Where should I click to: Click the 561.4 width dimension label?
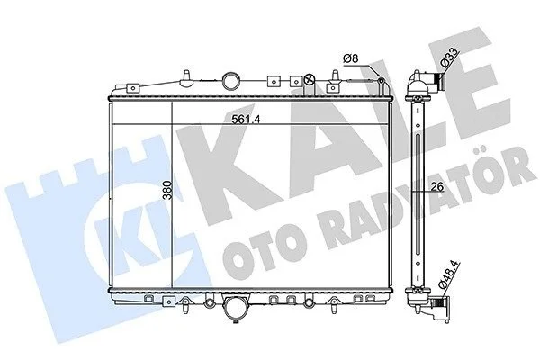click(x=246, y=119)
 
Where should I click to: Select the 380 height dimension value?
click(x=167, y=190)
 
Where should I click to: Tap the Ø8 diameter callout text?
click(x=351, y=58)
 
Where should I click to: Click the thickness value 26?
click(x=437, y=186)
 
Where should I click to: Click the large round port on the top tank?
click(x=230, y=81)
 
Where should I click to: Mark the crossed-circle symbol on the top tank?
click(x=310, y=80)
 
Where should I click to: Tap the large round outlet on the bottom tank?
click(x=236, y=307)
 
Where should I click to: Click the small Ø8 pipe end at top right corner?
click(x=382, y=81)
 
